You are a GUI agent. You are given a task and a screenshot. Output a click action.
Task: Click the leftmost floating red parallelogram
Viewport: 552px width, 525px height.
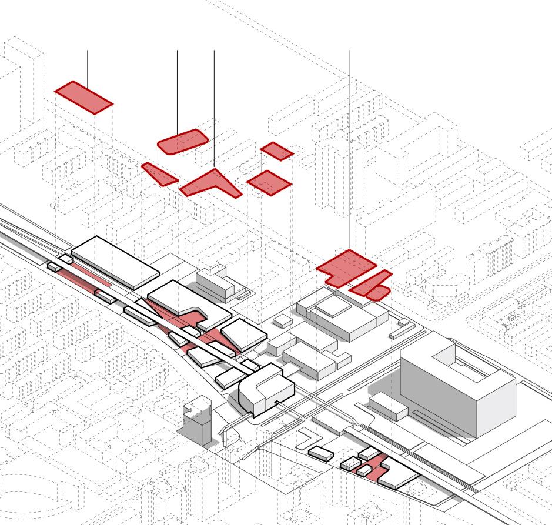coord(83,97)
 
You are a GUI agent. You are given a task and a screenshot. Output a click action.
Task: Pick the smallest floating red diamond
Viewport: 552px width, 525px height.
coord(276,151)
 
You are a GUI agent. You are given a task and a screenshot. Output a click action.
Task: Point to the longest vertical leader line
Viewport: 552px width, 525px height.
coord(350,147)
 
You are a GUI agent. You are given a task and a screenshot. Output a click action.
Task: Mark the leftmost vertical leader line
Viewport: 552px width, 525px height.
coord(88,65)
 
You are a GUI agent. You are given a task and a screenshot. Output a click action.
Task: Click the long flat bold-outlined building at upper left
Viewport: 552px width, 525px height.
coord(115,262)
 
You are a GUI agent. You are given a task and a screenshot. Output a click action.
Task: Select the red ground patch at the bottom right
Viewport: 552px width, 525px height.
coord(373,467)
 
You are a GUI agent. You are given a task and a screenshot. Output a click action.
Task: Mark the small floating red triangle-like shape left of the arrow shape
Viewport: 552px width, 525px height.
coord(159,174)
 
